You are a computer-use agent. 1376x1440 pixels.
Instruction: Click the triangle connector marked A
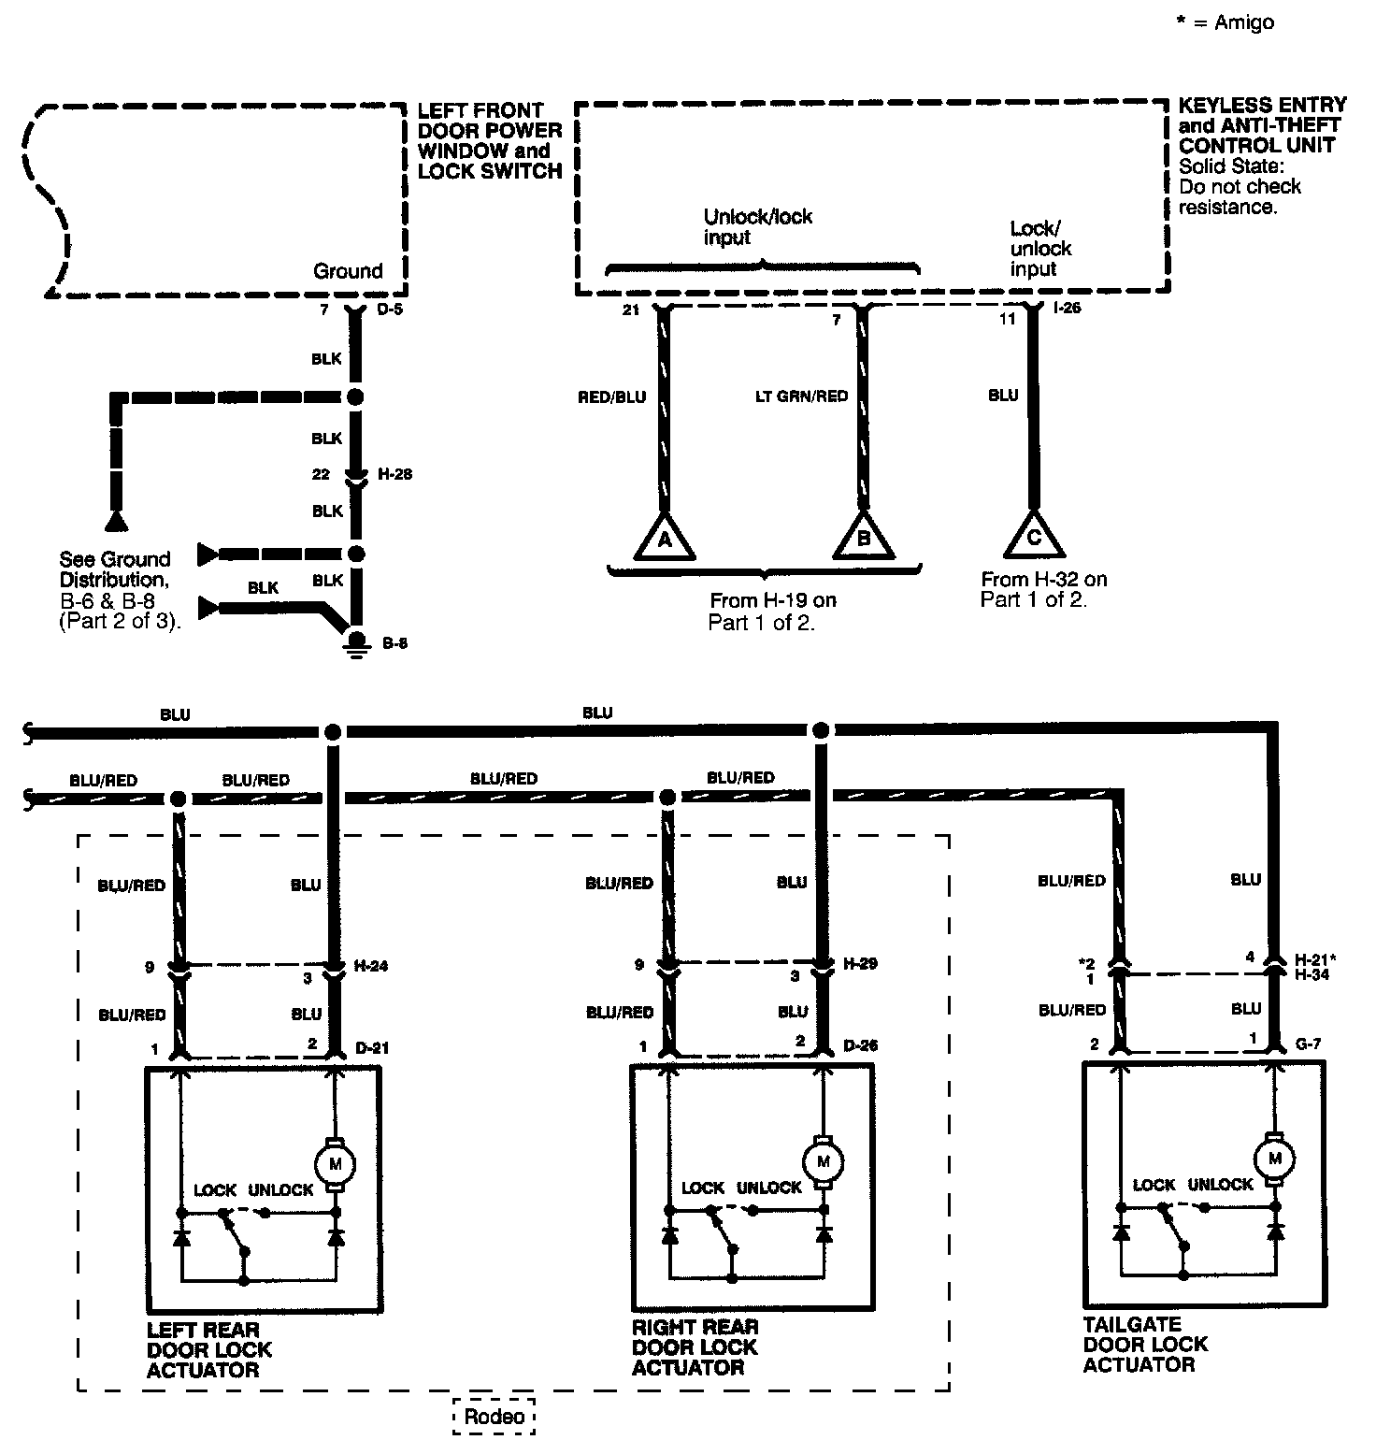click(x=665, y=539)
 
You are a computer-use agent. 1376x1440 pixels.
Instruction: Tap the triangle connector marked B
click(x=863, y=539)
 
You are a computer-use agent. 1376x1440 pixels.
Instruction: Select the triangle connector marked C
click(x=1033, y=537)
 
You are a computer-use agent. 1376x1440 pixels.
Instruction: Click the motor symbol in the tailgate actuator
click(x=1273, y=1159)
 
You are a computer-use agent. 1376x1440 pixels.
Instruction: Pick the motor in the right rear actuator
click(x=823, y=1161)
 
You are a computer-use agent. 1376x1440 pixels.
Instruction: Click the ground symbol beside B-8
click(x=355, y=641)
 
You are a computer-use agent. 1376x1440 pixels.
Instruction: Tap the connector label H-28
click(x=394, y=474)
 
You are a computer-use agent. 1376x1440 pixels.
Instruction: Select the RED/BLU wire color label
click(x=612, y=396)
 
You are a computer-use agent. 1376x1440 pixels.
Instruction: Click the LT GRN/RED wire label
click(x=801, y=396)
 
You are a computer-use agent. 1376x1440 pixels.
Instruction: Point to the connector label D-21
click(x=371, y=1047)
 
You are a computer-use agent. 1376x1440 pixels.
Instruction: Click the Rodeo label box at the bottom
click(x=494, y=1417)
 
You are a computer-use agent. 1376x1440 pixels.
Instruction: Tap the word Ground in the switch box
click(x=348, y=271)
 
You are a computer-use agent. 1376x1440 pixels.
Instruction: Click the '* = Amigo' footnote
click(x=1225, y=22)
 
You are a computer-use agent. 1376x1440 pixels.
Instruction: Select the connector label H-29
click(x=860, y=963)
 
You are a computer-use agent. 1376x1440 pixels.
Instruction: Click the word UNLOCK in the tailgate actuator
click(x=1220, y=1184)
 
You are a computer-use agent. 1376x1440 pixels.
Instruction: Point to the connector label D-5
click(x=391, y=310)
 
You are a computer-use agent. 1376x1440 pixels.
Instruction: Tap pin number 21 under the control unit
click(x=631, y=310)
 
